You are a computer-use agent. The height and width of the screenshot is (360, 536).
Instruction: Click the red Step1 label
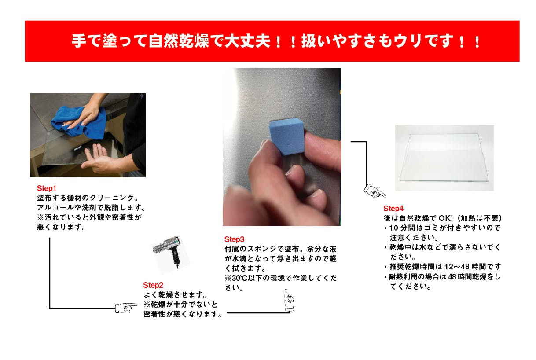pos(46,188)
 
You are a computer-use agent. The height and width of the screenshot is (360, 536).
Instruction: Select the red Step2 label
pos(153,285)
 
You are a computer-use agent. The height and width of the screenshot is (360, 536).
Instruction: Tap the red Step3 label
pos(234,239)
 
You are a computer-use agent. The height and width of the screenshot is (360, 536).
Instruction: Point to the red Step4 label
pos(393,209)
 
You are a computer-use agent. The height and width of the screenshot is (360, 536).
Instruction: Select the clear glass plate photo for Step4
pos(444,157)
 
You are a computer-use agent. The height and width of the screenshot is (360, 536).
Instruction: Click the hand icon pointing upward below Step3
pos(289,299)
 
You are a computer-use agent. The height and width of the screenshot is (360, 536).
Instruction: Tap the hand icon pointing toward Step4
pos(374,191)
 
